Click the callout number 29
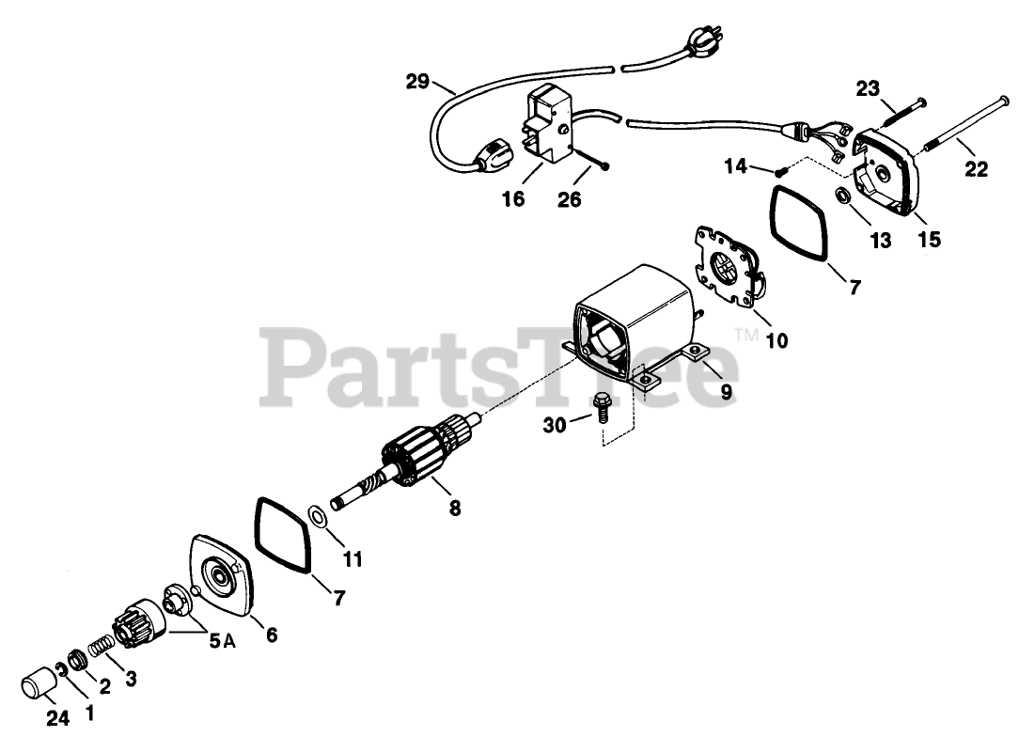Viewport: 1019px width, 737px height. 417,83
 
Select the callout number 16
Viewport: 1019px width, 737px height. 513,200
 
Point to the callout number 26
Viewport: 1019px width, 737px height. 569,200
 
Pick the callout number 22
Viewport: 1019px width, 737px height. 976,170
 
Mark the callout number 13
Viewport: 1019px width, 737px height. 880,242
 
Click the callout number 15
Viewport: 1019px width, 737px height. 928,242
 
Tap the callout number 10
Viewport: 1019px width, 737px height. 776,339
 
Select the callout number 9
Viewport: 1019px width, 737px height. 726,391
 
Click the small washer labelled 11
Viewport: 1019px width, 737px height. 318,516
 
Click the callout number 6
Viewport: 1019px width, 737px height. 271,635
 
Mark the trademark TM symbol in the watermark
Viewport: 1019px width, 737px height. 745,334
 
